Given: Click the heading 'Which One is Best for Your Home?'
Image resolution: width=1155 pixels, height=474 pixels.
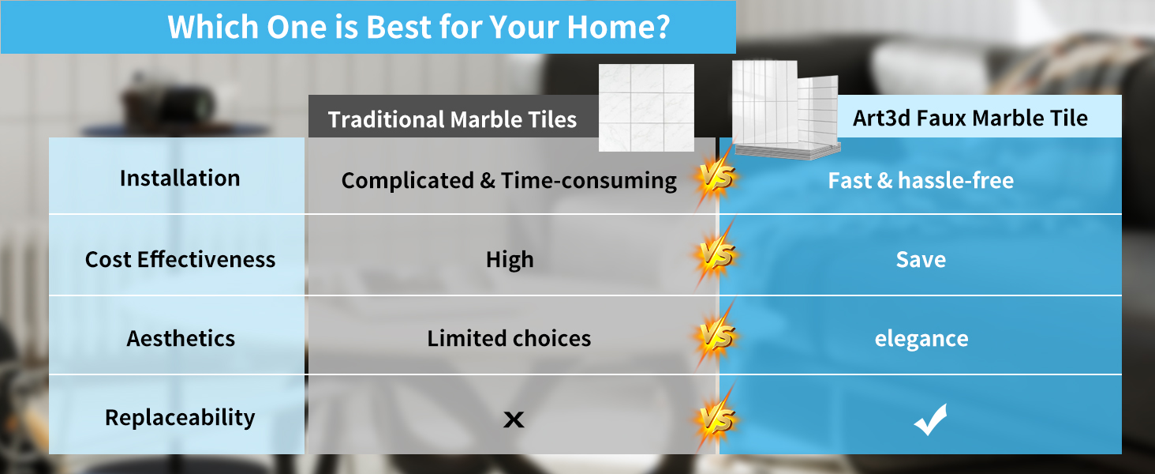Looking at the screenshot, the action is (x=419, y=27).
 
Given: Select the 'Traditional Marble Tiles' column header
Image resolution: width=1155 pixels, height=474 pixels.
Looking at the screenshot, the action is (x=452, y=119).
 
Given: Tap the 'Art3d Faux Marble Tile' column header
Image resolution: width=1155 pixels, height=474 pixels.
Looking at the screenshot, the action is (x=970, y=118).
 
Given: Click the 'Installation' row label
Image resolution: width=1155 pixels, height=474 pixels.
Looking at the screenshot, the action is (x=180, y=178).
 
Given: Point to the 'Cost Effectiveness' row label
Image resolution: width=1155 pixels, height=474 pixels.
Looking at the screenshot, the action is (x=180, y=259).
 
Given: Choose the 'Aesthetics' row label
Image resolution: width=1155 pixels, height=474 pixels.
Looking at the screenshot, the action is (x=181, y=339).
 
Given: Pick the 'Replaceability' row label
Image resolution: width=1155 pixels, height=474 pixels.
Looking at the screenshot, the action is (x=180, y=418).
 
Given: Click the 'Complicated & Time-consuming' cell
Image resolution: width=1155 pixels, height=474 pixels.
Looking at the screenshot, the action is (x=509, y=181).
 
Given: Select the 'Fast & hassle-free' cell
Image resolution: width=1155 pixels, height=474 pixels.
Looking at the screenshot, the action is (x=921, y=181).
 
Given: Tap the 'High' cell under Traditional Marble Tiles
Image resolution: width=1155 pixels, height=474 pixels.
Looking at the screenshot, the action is (x=510, y=260).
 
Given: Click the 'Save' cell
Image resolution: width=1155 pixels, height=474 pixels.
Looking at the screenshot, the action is (x=921, y=259).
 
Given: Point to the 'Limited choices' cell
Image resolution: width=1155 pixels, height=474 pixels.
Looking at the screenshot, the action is (x=509, y=339).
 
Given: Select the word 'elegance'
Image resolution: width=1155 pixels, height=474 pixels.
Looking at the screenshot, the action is (x=921, y=339).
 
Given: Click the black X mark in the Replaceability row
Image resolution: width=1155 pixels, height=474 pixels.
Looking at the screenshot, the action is (x=514, y=419).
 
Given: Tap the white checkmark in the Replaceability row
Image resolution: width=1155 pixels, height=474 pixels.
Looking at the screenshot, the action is (x=931, y=419).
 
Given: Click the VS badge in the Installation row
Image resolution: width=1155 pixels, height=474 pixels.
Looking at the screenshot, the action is (x=716, y=178).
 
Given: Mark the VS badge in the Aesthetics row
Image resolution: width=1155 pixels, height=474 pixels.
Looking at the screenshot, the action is (x=716, y=337).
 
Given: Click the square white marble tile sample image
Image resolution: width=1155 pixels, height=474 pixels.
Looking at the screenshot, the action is (x=646, y=108).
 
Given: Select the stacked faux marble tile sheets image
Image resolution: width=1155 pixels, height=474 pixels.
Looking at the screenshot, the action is (x=786, y=110).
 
